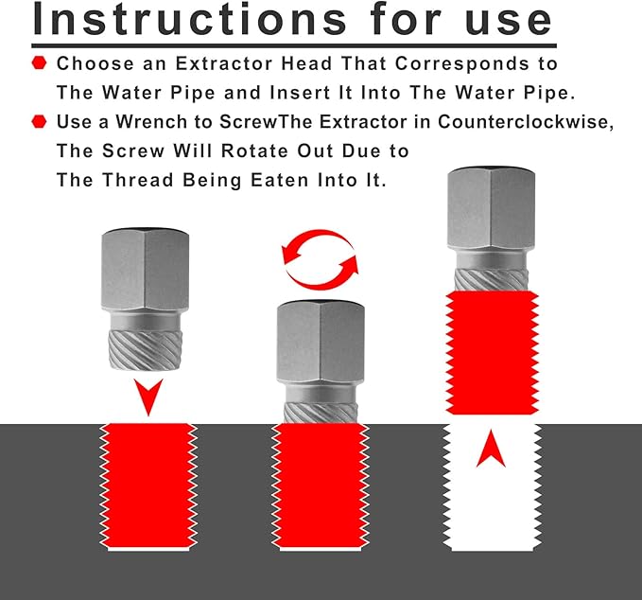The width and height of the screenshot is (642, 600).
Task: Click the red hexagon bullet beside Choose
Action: click(39, 63)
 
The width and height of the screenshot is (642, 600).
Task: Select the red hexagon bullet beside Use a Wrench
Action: click(39, 121)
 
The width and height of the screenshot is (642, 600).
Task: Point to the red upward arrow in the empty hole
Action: click(491, 450)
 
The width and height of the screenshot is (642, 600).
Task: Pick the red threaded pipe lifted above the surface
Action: click(491, 355)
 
